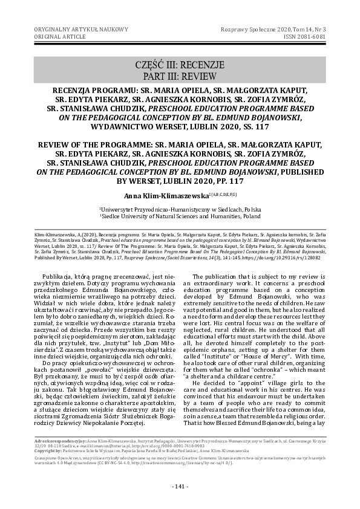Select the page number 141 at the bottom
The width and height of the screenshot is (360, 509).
(x=180, y=487)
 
